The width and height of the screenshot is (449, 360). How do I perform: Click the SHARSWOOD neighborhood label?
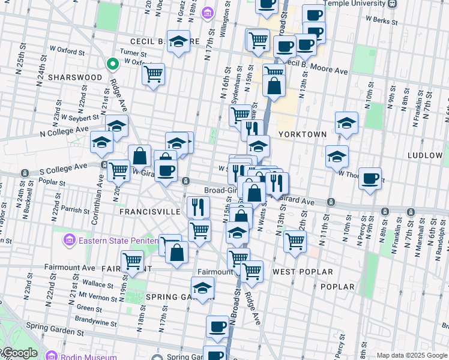click(75, 77)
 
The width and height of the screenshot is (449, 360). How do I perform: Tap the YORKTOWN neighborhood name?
click(302, 134)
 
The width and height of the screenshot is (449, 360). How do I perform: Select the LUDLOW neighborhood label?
click(425, 155)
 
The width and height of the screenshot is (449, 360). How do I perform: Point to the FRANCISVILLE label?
click(149, 212)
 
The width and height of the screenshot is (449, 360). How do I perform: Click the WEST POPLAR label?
click(303, 272)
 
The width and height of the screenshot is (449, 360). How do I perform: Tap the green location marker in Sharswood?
click(112, 64)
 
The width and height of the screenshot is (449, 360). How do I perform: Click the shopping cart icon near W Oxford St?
click(154, 74)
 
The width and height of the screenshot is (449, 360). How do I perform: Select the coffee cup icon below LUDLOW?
click(370, 178)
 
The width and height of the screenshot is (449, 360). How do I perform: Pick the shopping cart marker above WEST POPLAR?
click(295, 241)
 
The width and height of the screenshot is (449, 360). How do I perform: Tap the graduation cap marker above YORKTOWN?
click(346, 123)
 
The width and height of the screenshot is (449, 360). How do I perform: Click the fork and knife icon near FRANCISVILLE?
click(198, 207)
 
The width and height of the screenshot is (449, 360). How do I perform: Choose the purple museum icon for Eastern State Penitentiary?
click(70, 241)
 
